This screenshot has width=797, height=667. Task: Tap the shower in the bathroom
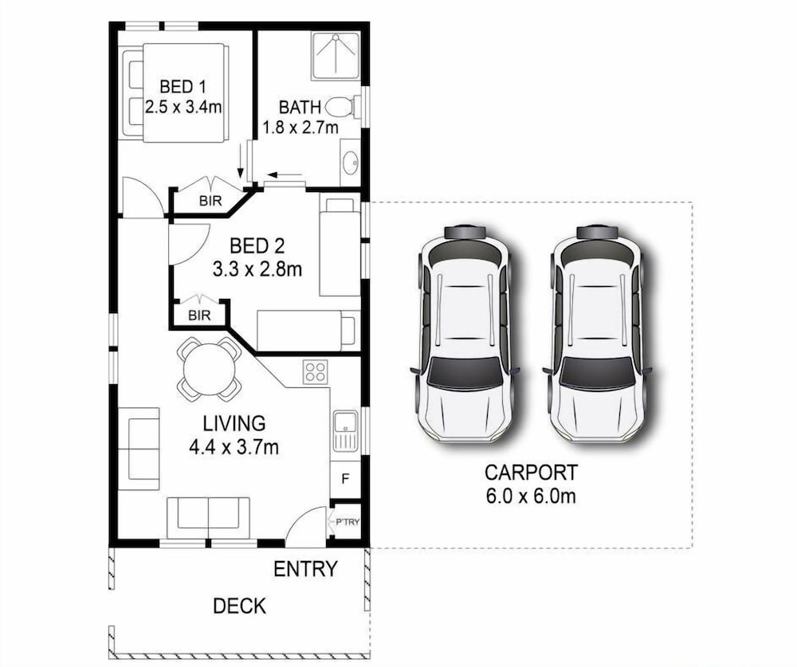click(336, 56)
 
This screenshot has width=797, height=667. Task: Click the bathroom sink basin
click(350, 163)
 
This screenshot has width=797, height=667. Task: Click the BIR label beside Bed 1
click(210, 201)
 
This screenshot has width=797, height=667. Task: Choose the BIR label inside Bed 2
click(199, 316)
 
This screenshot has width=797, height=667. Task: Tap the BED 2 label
click(257, 246)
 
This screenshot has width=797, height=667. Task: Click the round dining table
click(209, 370)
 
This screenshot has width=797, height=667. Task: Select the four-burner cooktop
click(315, 371)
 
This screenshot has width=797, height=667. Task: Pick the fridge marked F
click(345, 479)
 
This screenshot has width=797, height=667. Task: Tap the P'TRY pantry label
click(347, 522)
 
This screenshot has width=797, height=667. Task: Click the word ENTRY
click(305, 569)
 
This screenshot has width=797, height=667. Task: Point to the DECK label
click(239, 606)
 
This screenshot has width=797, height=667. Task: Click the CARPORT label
click(531, 473)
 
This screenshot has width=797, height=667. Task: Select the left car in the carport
click(465, 333)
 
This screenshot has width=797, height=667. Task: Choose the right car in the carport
click(597, 333)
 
